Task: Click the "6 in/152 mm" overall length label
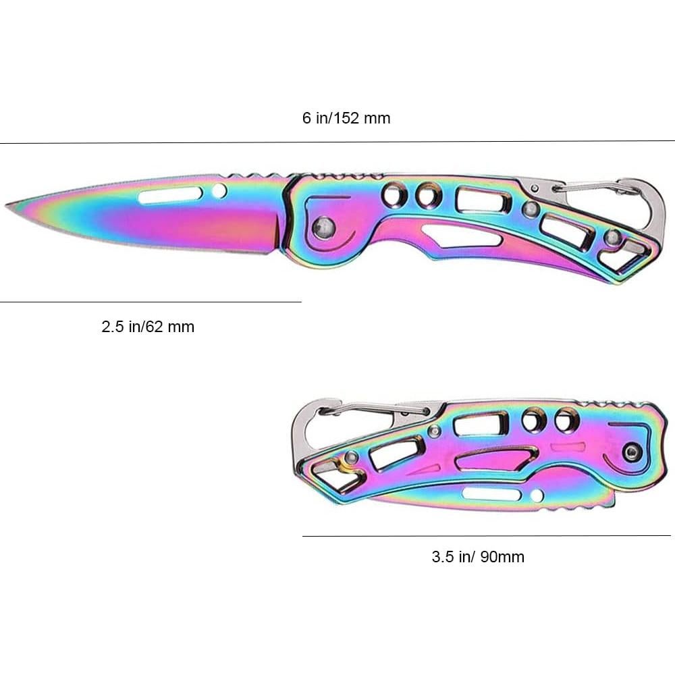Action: tap(346, 118)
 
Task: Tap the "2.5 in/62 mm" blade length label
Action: tap(148, 327)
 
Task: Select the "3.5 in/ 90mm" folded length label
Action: tap(478, 557)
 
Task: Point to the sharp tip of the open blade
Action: tap(7, 205)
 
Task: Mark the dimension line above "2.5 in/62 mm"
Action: tap(151, 302)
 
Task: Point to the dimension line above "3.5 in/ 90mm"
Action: tap(486, 536)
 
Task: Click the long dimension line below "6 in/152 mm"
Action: tap(337, 142)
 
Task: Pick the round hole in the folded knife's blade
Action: tap(537, 496)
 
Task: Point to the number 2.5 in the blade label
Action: tap(113, 327)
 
